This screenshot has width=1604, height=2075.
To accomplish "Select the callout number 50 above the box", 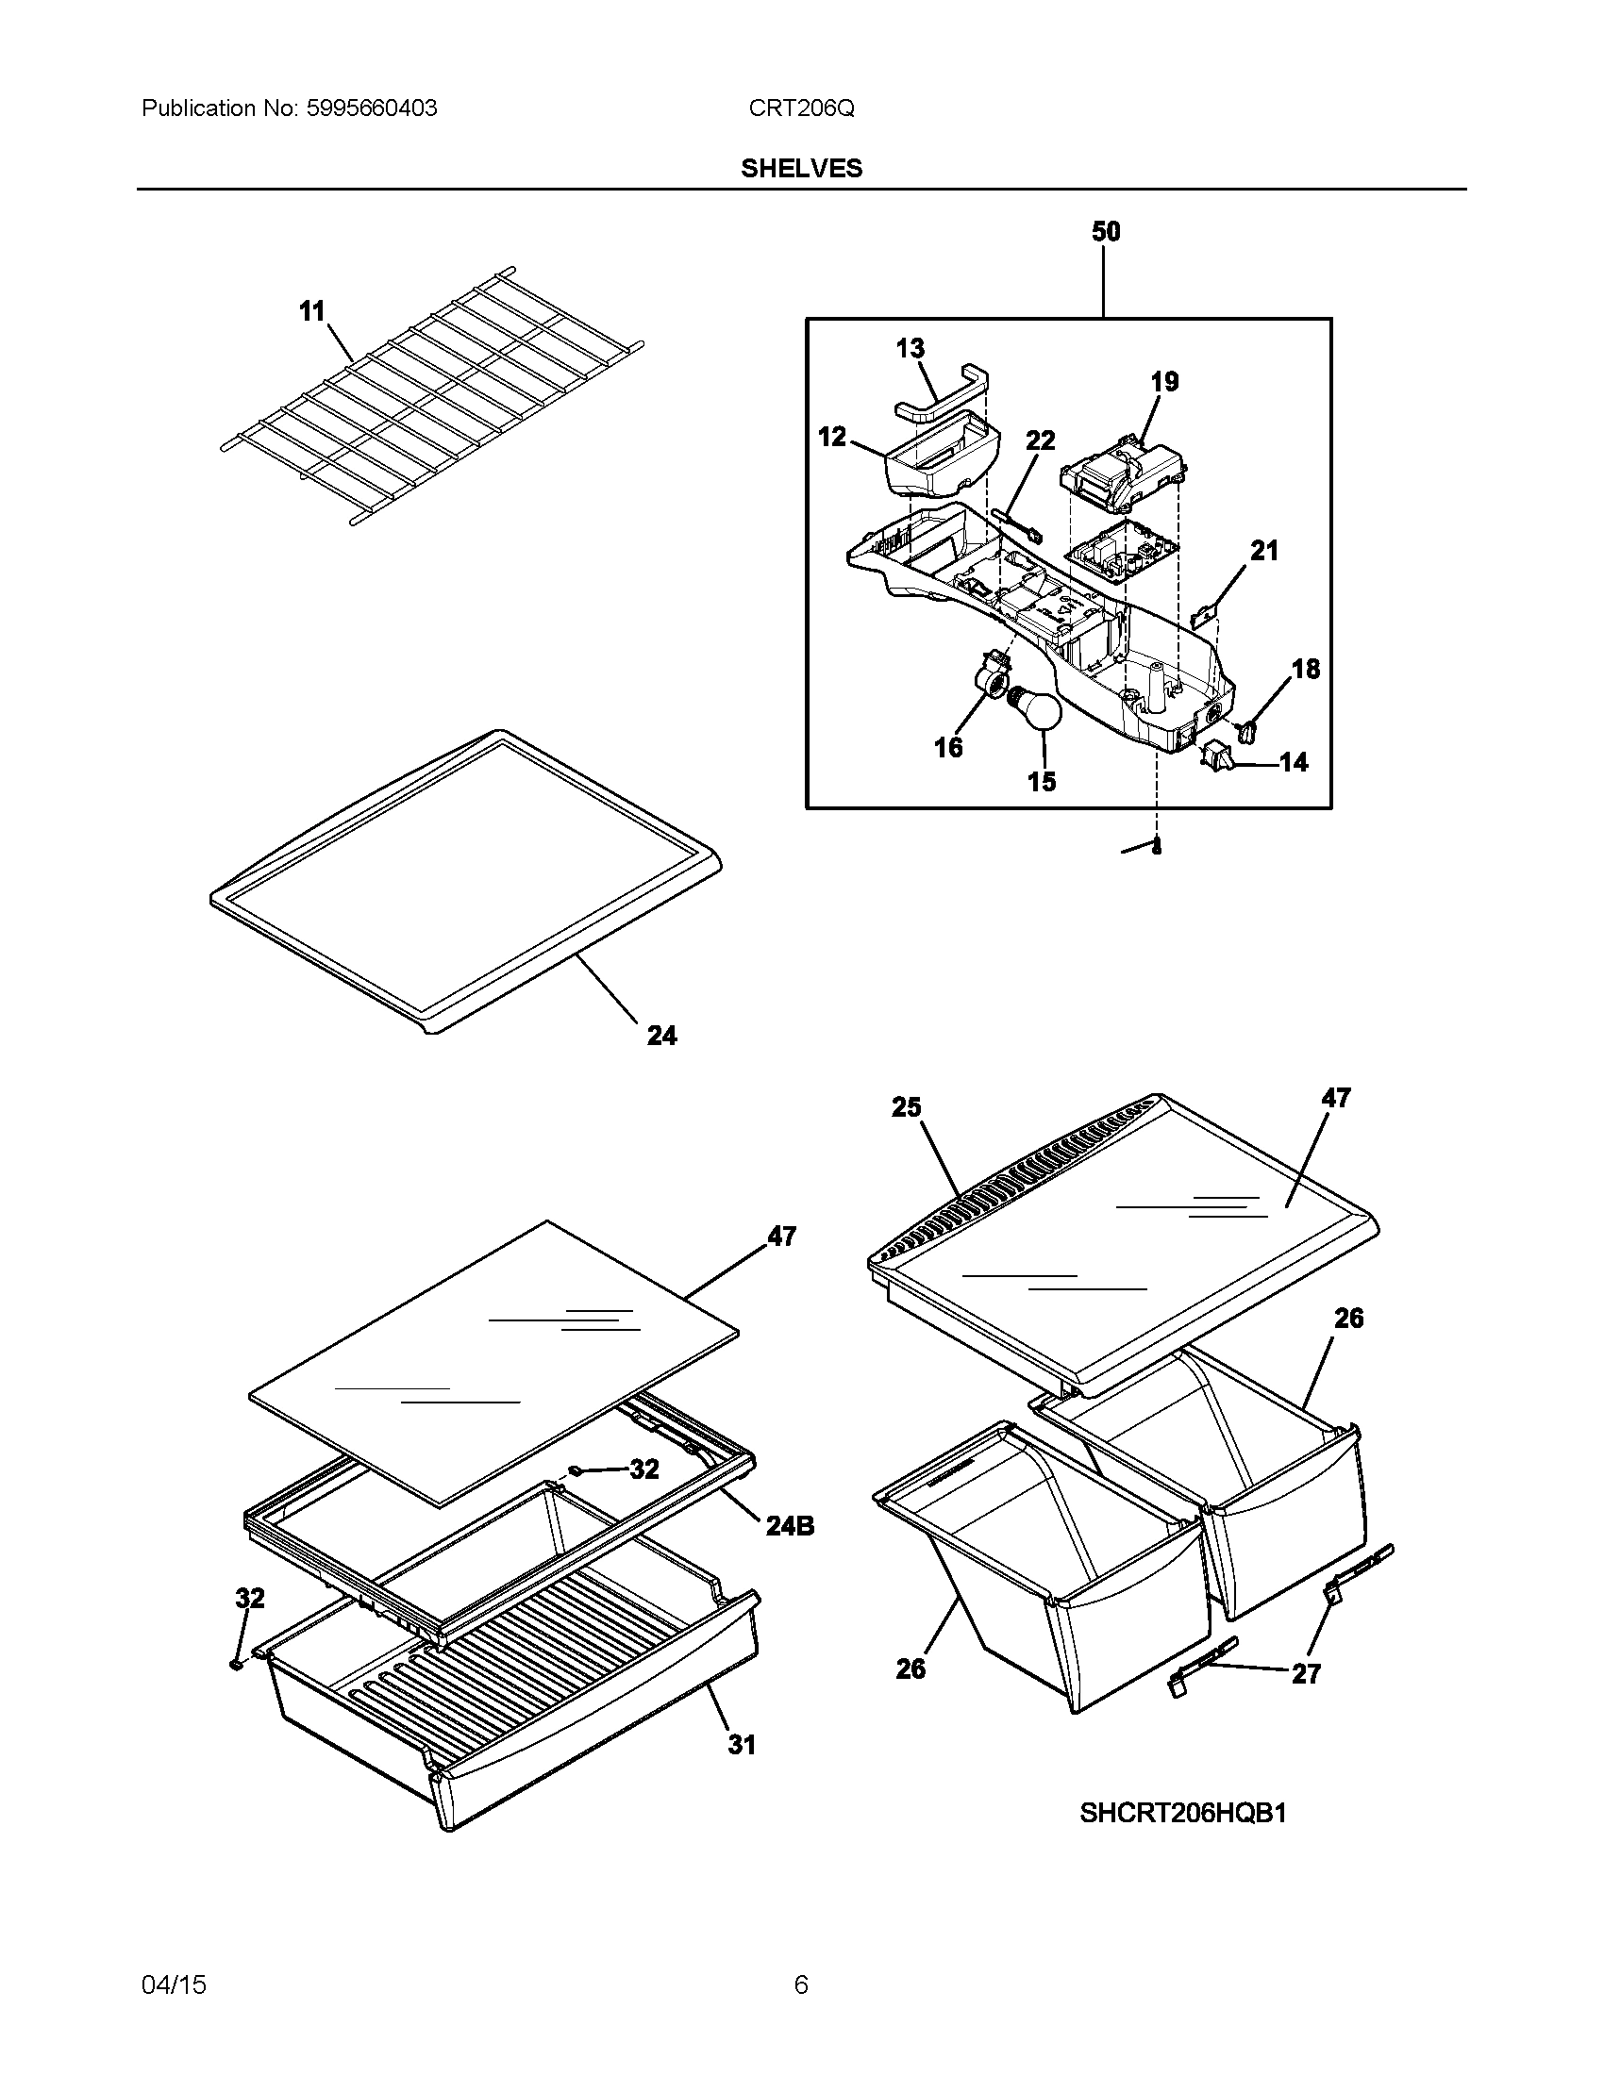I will click(x=1106, y=231).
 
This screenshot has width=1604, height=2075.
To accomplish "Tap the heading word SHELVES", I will click(x=801, y=168).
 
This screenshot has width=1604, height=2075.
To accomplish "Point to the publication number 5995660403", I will click(x=371, y=108).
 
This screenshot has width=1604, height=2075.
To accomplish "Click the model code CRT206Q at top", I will click(x=801, y=108).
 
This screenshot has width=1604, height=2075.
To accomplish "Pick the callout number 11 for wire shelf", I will click(x=311, y=311).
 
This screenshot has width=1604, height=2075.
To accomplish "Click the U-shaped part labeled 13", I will click(x=943, y=392).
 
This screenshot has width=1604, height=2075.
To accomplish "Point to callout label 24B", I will click(x=790, y=1526).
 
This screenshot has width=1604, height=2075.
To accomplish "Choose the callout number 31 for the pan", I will click(x=742, y=1745).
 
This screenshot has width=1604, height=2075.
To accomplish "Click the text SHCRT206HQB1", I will click(x=1182, y=1814).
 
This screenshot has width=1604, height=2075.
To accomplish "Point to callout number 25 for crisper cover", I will click(x=906, y=1107).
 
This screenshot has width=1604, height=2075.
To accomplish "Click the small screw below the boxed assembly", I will click(x=1156, y=849).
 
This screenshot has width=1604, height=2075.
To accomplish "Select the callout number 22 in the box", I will click(x=1041, y=440).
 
